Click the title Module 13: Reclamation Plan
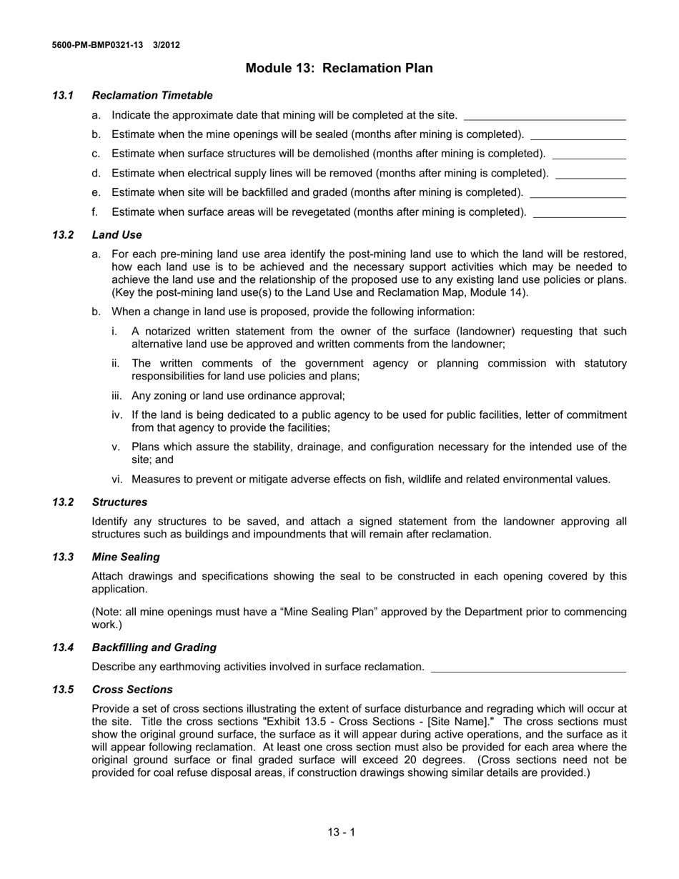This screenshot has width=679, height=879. point(339,69)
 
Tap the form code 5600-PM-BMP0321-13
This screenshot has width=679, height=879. point(97,45)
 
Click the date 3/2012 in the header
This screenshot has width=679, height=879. point(167,45)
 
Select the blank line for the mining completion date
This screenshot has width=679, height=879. point(545,116)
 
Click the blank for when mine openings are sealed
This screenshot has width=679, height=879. point(578,135)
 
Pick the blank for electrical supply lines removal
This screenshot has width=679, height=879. point(590,174)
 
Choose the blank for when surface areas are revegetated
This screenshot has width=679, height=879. point(580,212)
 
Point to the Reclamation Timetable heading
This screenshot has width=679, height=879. point(152,96)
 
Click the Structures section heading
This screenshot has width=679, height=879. point(119,502)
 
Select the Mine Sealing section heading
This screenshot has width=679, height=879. point(126,557)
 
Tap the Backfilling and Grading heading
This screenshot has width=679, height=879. point(154,647)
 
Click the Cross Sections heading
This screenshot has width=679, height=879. point(132,690)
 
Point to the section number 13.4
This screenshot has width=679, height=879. point(63,647)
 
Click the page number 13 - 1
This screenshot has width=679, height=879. point(341,832)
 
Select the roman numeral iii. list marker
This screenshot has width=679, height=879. point(118,396)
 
